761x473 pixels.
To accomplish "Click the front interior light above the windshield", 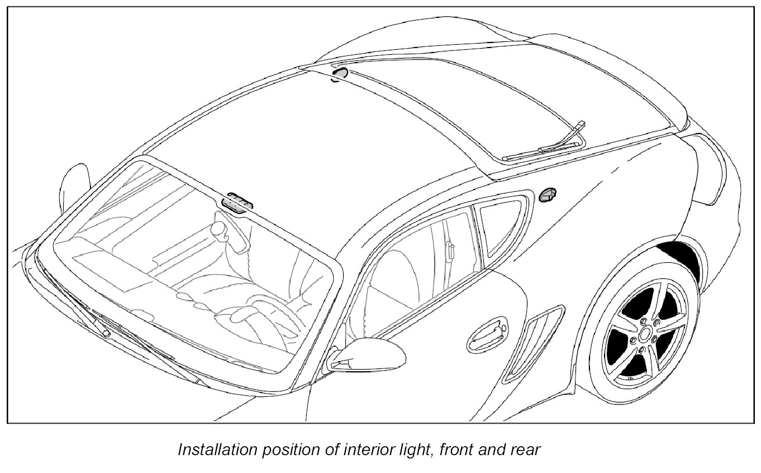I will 237,203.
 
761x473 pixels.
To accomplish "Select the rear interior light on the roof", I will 339,74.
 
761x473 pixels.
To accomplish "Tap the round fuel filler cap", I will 546,195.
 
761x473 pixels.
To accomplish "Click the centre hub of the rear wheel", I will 645,334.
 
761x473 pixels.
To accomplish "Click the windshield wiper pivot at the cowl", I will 105,333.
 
